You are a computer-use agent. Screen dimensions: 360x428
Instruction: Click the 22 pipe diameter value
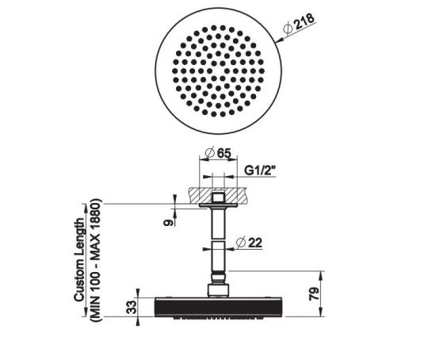pos(255,243)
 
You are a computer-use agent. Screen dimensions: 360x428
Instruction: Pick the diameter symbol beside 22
pos(239,243)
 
